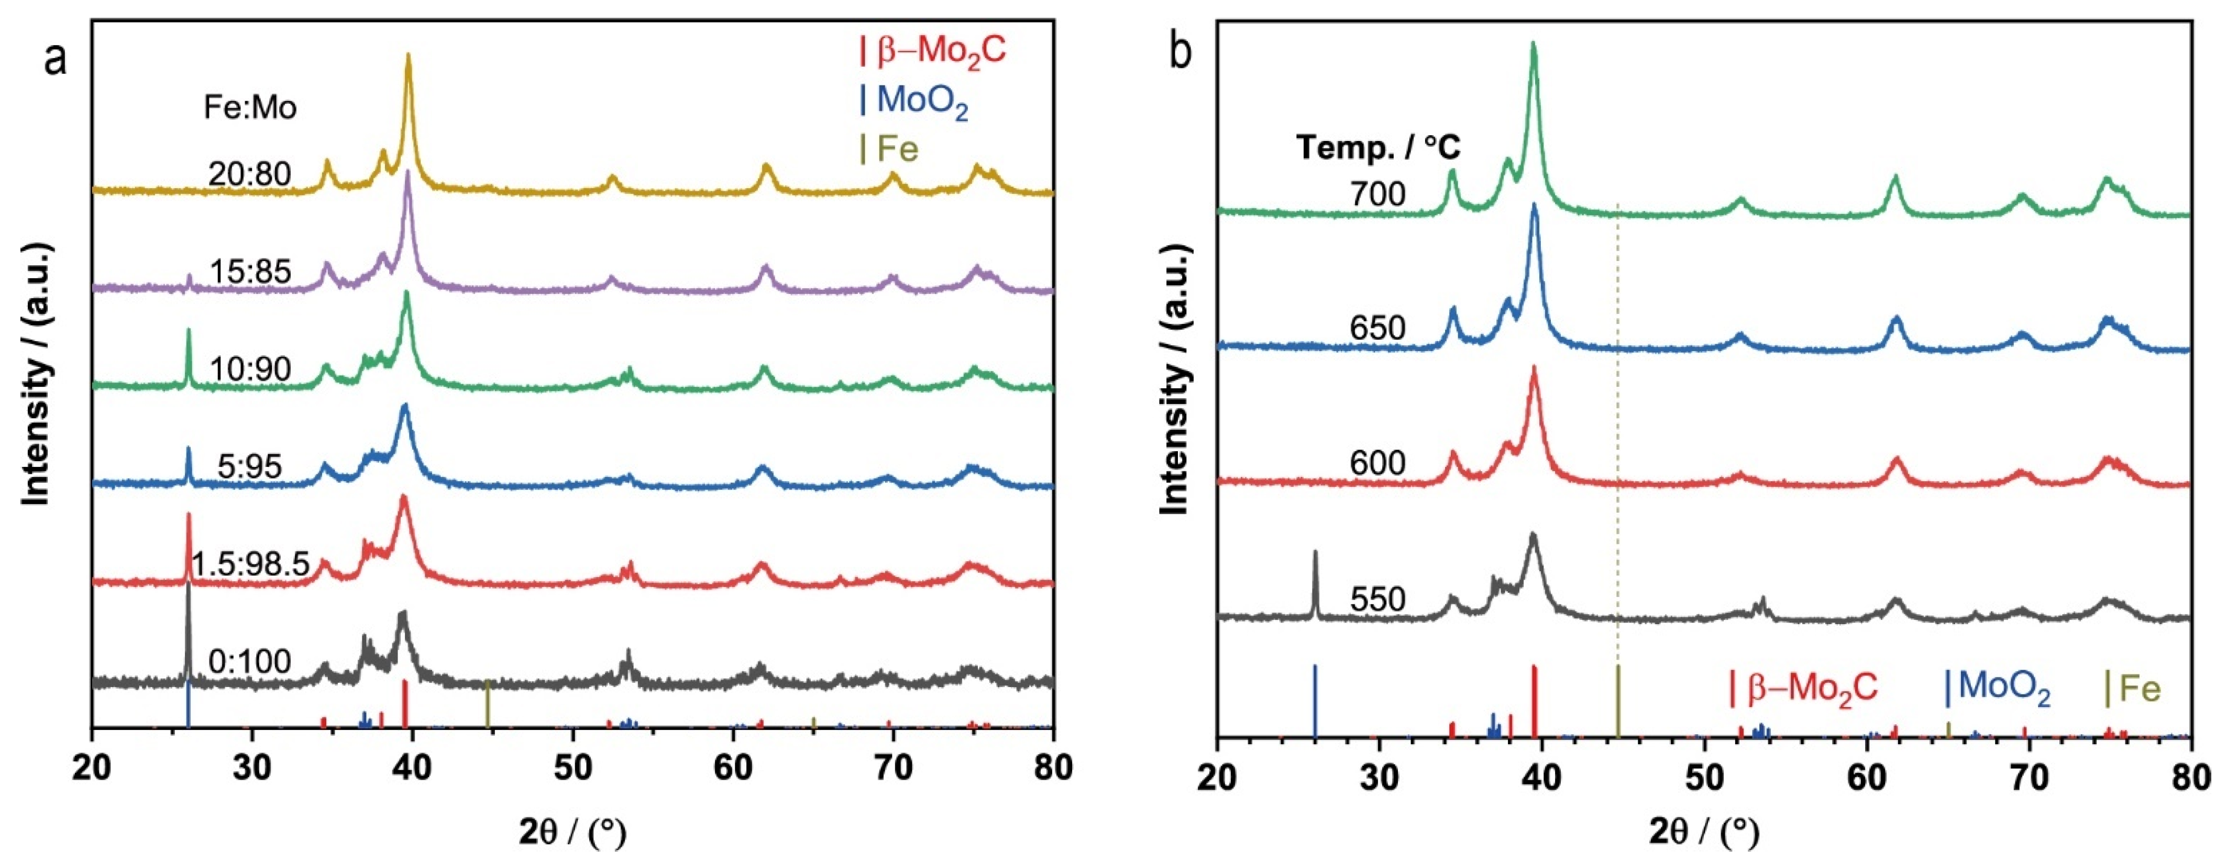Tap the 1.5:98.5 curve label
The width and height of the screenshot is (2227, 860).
250,564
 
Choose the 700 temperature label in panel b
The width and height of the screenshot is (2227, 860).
1378,194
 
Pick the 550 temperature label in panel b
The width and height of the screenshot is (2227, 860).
1378,598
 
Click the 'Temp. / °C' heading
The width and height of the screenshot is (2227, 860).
1378,148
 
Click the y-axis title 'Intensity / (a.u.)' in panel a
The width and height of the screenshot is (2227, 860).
36,374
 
